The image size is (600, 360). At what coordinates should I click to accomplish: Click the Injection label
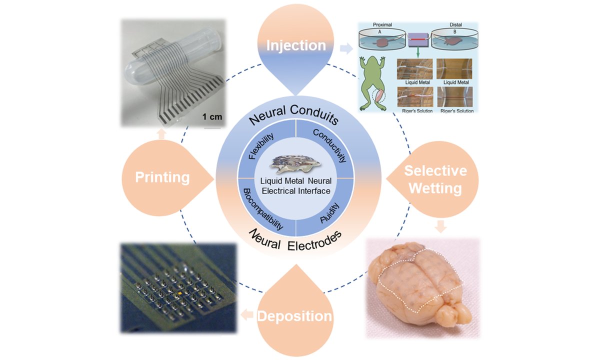click(296, 45)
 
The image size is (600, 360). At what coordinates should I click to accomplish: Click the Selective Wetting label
click(435, 179)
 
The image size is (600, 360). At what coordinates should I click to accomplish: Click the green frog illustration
click(371, 81)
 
